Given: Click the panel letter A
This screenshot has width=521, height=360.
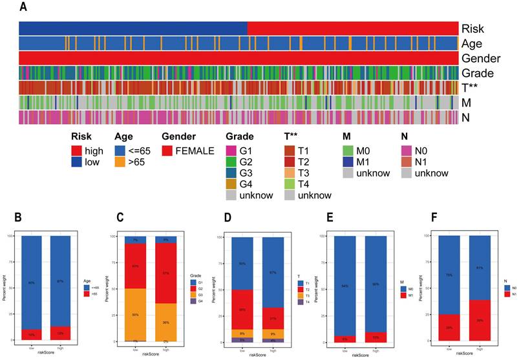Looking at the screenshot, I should [x=23, y=7].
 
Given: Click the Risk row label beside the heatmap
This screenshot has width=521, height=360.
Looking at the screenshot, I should [x=472, y=28].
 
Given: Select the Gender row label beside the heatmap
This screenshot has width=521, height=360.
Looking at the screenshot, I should [x=481, y=58].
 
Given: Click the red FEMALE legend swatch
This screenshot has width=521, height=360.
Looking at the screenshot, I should [x=167, y=149].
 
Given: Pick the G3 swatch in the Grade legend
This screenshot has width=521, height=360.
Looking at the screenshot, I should [x=231, y=172].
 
